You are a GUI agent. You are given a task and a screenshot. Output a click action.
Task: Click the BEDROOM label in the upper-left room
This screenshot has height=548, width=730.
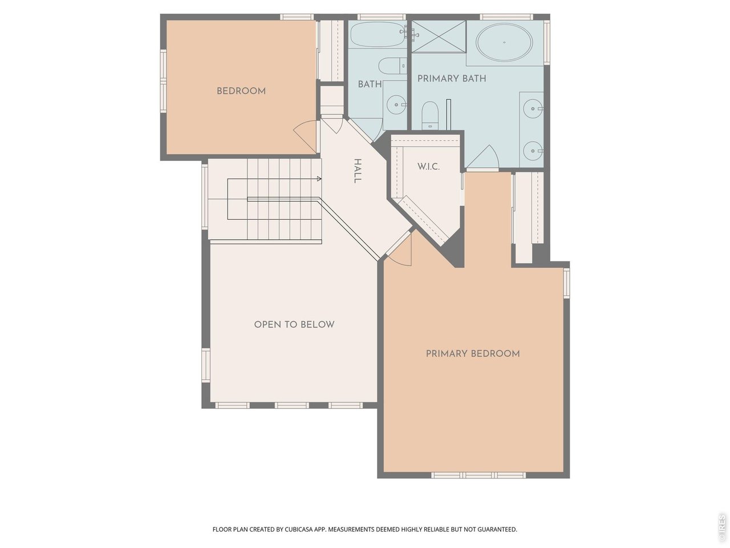(x=241, y=91)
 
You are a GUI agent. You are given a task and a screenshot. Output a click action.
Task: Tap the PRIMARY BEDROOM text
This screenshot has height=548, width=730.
(x=472, y=354)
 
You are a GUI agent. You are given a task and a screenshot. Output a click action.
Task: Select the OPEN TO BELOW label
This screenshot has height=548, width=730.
(x=294, y=324)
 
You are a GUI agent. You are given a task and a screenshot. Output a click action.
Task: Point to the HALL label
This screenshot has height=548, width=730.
(x=358, y=171)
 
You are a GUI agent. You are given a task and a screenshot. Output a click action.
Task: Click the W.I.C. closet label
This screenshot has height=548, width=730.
(x=428, y=167)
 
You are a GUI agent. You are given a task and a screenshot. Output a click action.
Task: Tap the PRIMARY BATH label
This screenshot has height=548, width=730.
(x=452, y=78)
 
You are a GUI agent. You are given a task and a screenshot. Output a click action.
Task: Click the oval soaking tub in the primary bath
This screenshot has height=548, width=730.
(x=504, y=43)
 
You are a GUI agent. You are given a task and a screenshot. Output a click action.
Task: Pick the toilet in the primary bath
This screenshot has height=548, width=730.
(x=429, y=115)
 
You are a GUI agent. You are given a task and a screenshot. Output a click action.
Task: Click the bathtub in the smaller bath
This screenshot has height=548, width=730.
(x=377, y=35)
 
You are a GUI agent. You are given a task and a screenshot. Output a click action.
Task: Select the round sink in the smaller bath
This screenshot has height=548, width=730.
(x=395, y=105)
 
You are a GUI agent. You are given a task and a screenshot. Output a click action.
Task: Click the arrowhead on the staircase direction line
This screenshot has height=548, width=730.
(x=319, y=179)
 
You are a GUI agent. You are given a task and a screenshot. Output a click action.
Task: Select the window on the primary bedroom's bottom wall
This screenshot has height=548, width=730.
(x=478, y=475)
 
